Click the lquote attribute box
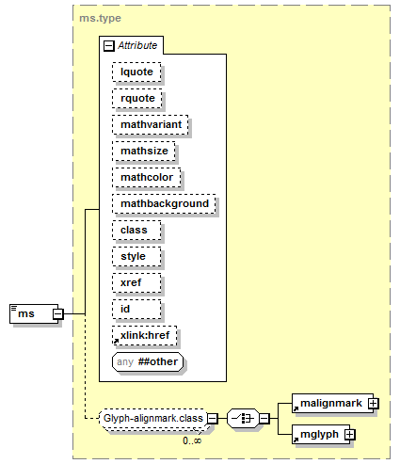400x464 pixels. click(x=136, y=72)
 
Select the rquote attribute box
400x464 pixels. click(x=137, y=99)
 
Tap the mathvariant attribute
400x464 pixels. click(x=151, y=125)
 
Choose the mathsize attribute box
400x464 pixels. click(x=144, y=152)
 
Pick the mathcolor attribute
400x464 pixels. click(x=147, y=178)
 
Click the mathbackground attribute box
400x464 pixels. click(x=164, y=204)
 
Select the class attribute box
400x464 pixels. click(x=136, y=231)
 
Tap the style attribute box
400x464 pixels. click(x=136, y=257)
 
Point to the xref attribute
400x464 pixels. click(x=136, y=283)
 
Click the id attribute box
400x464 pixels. click(x=136, y=310)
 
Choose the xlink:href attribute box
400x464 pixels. click(x=144, y=336)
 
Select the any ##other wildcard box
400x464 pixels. click(x=148, y=362)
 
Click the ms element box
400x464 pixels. click(x=34, y=313)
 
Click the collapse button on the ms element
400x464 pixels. click(x=58, y=313)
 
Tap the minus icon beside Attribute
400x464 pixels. click(x=108, y=46)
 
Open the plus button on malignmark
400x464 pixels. click(x=374, y=403)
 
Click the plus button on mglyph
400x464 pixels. click(x=349, y=435)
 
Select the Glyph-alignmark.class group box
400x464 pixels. click(x=153, y=419)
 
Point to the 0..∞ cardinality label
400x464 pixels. click(x=192, y=440)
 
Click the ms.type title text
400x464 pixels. click(x=100, y=18)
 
